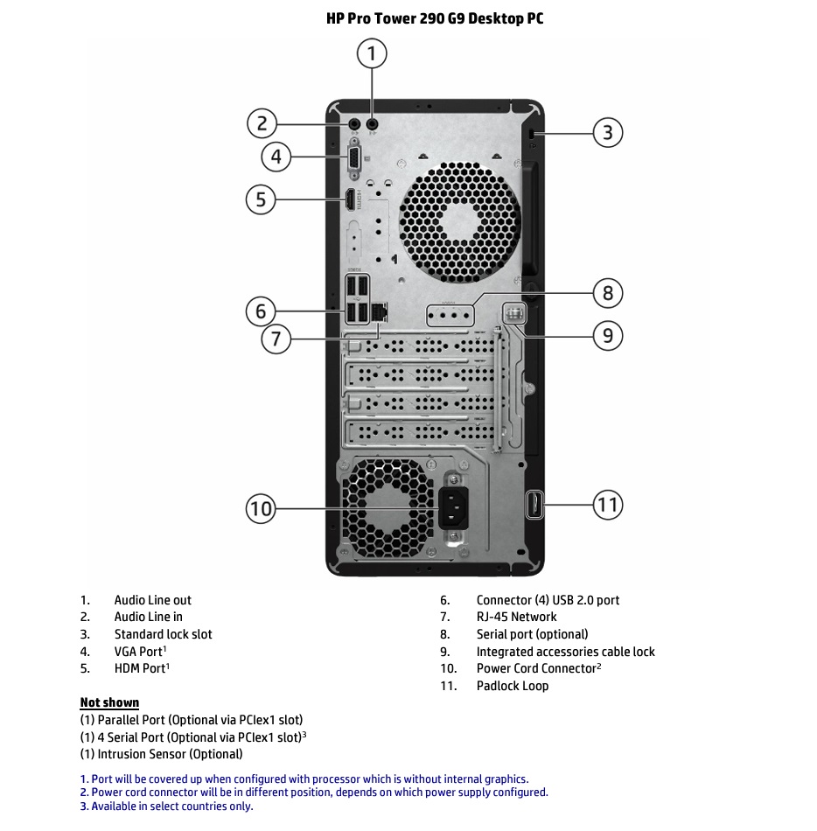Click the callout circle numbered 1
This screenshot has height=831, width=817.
tap(372, 54)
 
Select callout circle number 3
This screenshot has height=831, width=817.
tap(608, 133)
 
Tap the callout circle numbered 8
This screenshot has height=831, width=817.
tap(609, 292)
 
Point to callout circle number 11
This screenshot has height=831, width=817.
tap(608, 505)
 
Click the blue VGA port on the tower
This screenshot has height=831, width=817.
tap(354, 158)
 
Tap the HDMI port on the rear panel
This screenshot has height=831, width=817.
tap(351, 199)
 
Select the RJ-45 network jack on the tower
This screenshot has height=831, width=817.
tap(379, 311)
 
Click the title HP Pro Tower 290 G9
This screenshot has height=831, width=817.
tap(435, 18)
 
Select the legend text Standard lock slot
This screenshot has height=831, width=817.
tap(163, 634)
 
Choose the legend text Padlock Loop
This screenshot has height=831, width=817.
tap(513, 686)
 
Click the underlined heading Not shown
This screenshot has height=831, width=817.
tap(109, 702)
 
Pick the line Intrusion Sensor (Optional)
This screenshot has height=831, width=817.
tap(161, 754)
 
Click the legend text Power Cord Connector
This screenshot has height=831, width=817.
tap(535, 668)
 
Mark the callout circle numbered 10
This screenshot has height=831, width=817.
tap(261, 508)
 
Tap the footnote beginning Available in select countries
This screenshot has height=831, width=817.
tap(166, 807)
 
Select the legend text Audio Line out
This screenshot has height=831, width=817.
tap(152, 600)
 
